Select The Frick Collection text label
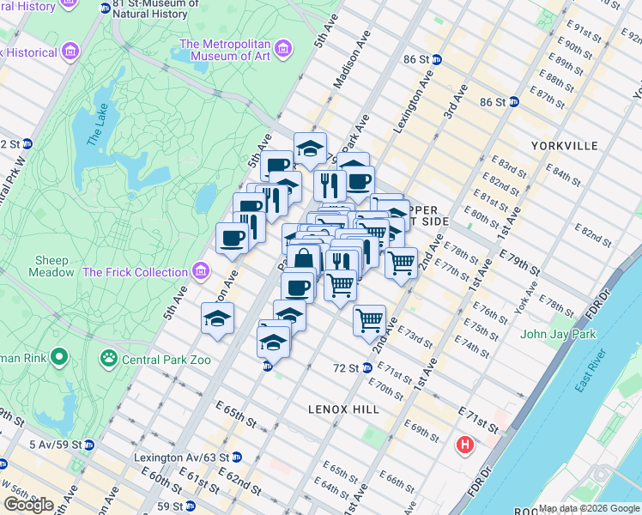point(135,272)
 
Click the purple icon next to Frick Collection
point(202,272)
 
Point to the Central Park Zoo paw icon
point(110,356)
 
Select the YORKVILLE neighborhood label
point(564,146)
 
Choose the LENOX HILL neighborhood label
point(343,410)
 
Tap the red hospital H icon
point(465,445)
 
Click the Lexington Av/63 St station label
point(180,458)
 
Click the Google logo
point(29,505)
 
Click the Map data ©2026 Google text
point(589,508)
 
